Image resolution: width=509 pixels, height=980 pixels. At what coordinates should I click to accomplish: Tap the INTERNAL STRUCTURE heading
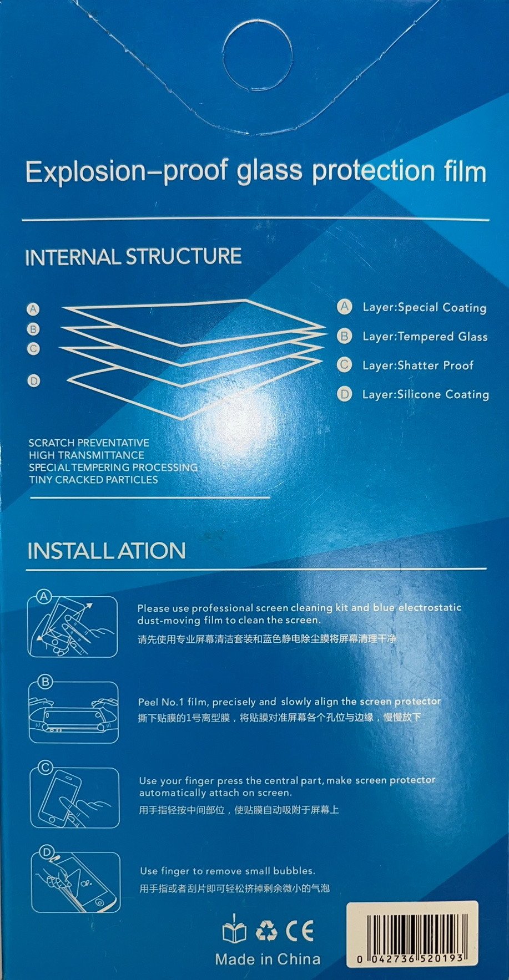point(133,257)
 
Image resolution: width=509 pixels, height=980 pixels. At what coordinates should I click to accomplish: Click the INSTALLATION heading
point(106,551)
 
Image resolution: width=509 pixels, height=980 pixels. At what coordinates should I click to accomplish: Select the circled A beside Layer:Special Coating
point(345,307)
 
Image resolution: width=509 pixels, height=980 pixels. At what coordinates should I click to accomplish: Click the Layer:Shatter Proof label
point(417,365)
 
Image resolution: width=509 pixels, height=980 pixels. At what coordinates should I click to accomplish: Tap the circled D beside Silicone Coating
point(345,394)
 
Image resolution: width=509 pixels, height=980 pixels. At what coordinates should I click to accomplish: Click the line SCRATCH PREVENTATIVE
point(89,443)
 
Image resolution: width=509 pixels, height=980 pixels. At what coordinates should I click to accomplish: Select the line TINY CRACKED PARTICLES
point(93,479)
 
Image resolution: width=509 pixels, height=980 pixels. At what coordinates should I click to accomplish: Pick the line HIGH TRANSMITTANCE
point(87,455)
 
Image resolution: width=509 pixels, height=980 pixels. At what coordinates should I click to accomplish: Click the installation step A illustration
point(73,625)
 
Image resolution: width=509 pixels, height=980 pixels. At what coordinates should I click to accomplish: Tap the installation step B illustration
point(74,710)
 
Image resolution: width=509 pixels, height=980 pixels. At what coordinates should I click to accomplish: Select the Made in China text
point(268,959)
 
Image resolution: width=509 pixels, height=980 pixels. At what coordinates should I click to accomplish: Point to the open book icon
point(234,930)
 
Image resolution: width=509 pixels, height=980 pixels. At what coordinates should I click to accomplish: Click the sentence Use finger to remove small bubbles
point(227,871)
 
